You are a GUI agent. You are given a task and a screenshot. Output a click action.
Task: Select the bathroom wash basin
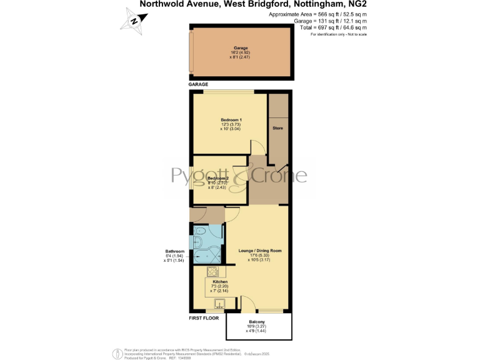[216, 236]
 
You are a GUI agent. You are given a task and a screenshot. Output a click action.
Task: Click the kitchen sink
[219, 304]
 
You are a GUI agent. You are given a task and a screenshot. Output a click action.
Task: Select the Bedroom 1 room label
[231, 119]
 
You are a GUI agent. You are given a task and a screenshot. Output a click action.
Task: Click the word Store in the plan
[277, 128]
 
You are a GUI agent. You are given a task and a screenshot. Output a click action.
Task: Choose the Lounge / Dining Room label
[260, 251]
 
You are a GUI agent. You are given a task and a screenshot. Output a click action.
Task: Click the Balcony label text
[258, 321]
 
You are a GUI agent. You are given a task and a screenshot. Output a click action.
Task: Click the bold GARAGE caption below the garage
[199, 84]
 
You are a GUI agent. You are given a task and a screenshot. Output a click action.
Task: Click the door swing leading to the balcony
[247, 303]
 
